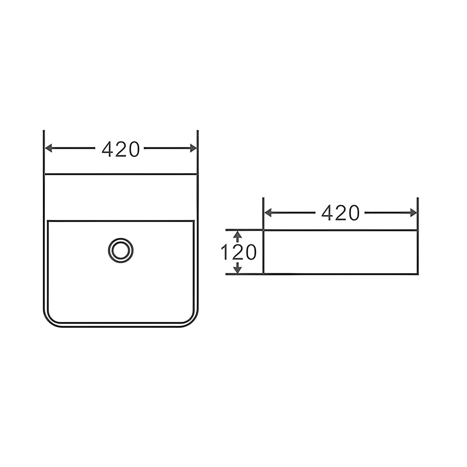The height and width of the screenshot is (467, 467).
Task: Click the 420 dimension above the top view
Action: click(x=120, y=149)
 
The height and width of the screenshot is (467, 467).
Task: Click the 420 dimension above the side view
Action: click(x=340, y=213)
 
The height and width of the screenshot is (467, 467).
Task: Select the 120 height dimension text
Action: click(x=238, y=252)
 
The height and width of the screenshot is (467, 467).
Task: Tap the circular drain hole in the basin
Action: click(x=120, y=250)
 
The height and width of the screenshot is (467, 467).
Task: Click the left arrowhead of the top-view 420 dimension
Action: click(x=48, y=148)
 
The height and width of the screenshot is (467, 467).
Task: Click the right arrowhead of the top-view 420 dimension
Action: click(x=193, y=148)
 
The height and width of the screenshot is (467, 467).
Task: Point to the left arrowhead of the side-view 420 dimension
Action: click(x=268, y=213)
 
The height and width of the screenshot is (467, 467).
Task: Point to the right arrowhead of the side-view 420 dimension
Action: click(x=413, y=213)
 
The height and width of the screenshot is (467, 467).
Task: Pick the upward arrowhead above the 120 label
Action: click(x=237, y=235)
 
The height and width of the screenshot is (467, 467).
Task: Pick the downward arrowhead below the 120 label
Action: click(x=237, y=269)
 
